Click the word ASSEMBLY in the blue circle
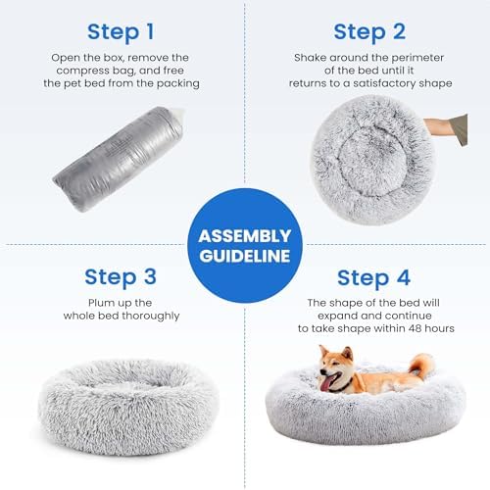[245, 236]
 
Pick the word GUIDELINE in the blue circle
[245, 257]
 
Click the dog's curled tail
[421, 367]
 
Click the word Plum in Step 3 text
[79, 302]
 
